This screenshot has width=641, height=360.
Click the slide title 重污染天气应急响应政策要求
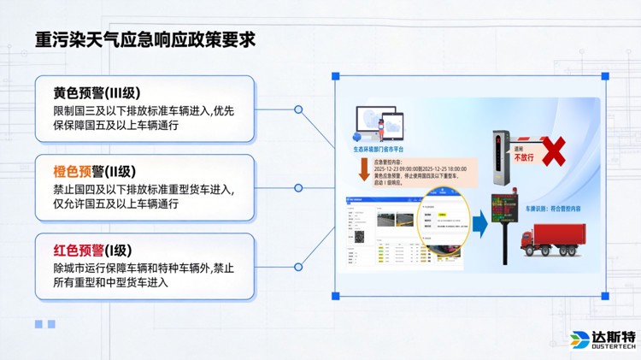coord(145,40)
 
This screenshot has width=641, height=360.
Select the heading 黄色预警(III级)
coord(97,93)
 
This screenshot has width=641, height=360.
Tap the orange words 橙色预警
coord(79,172)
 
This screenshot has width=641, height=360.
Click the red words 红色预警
coord(79,251)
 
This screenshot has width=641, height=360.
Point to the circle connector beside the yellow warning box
coord(298,109)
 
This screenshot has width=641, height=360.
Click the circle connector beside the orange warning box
coord(298,188)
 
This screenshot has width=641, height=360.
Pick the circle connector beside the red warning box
coord(298,266)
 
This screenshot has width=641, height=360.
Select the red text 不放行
coord(523,157)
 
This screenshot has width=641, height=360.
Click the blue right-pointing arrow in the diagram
coord(479,225)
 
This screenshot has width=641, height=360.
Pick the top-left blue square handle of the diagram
coord(336,77)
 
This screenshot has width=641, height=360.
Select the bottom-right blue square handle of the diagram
coord(605,296)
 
